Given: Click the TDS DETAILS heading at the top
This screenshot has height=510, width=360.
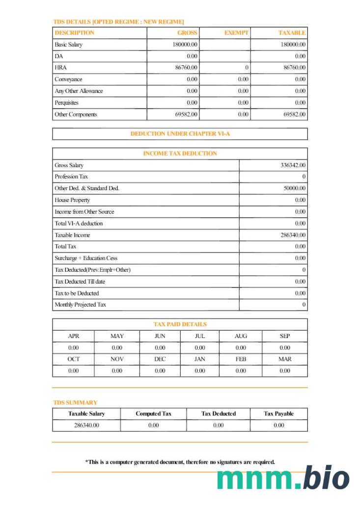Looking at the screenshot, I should coord(118,22).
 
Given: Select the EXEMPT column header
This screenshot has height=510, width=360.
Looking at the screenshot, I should coord(236,33).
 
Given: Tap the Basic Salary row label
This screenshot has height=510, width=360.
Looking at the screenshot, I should coord(69,45).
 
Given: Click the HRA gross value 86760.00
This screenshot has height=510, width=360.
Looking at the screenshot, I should coord(187,68).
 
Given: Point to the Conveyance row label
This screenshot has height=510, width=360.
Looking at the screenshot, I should coord(68,80).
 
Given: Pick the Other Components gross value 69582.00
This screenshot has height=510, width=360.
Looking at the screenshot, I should coord(187,114).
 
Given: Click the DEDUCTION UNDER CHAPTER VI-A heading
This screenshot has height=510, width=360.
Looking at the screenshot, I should coord(180,134).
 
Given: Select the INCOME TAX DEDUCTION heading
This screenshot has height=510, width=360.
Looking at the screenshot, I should coord(180,154).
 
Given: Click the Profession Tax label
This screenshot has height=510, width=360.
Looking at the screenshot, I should coord(72,177).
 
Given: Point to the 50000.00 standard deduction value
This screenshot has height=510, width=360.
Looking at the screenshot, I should coord(295,189).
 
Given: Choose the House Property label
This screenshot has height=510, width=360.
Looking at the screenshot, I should coord(72,200).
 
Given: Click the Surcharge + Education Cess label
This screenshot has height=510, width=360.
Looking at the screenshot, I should coord(86,258).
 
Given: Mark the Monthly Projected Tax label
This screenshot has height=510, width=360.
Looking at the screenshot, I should coord(80,305).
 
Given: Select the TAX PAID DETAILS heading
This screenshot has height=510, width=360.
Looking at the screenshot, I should coord(180,324).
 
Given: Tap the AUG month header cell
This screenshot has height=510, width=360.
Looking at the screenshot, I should coord(241,336).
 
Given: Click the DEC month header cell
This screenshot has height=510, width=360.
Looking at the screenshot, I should coord(160,359).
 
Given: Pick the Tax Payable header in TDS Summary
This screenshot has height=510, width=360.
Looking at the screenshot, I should coord(278,414).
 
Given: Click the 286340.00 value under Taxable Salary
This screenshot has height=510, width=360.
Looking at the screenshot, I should coord(86,425).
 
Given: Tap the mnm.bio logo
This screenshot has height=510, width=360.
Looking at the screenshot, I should coord(283,479).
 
